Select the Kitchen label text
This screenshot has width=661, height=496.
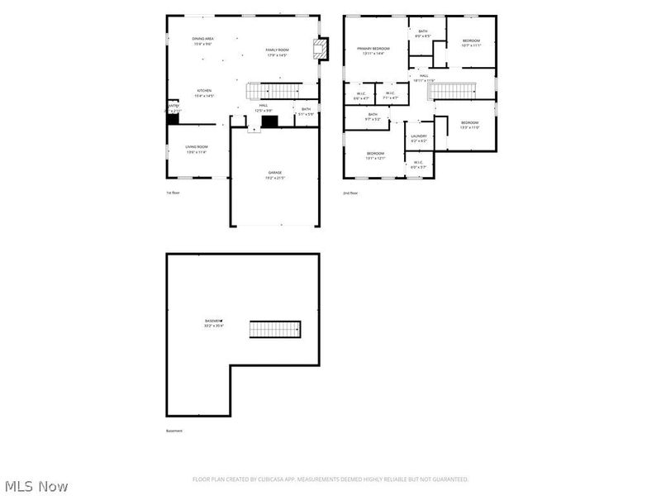pyautogui.click(x=204, y=93)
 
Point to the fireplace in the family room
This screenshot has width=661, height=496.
pyautogui.click(x=319, y=49)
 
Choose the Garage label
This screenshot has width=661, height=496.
pyautogui.click(x=273, y=174)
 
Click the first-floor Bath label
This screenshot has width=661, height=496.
pyautogui.click(x=306, y=111)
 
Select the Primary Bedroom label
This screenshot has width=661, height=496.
pyautogui.click(x=373, y=50)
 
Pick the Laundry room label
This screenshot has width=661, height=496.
pyautogui.click(x=419, y=138)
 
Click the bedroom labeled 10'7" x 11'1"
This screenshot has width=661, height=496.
pyautogui.click(x=470, y=43)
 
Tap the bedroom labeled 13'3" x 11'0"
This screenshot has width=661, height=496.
pyautogui.click(x=469, y=125)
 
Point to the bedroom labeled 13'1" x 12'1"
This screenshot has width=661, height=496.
pyautogui.click(x=375, y=155)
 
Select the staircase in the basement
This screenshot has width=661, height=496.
pyautogui.click(x=276, y=329)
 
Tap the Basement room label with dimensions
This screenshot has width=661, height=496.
pyautogui.click(x=214, y=322)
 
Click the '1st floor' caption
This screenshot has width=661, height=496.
pyautogui.click(x=172, y=193)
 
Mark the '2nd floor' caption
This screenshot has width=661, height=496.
pyautogui.click(x=350, y=193)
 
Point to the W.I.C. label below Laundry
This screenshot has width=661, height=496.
pyautogui.click(x=418, y=165)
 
